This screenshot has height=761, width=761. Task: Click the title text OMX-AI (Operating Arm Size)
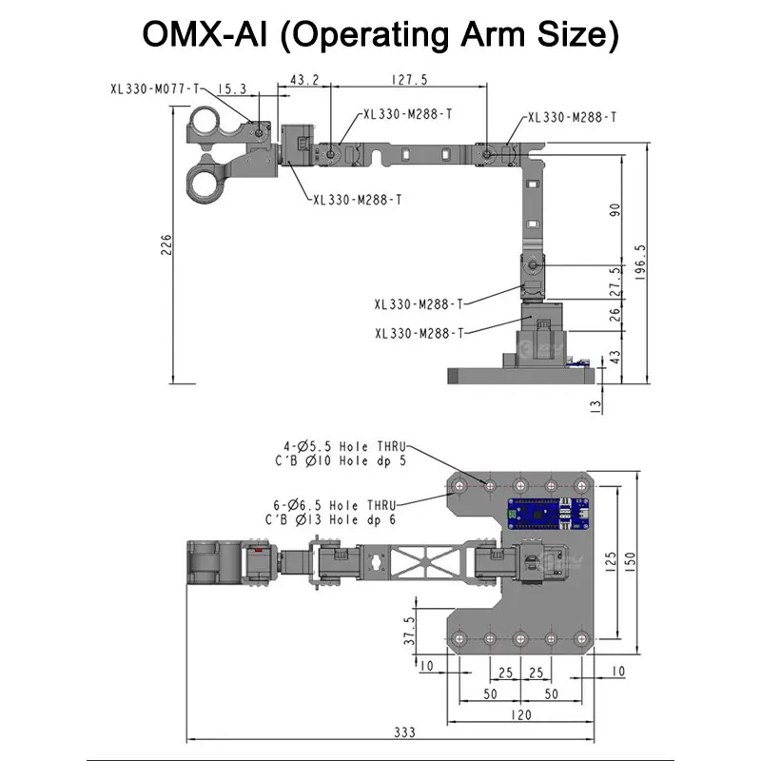(x=380, y=35)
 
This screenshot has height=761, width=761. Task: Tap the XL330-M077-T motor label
(x=155, y=89)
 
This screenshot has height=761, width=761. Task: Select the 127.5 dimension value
(x=410, y=80)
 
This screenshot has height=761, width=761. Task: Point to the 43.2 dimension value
(x=304, y=80)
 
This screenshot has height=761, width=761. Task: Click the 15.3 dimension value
(x=232, y=89)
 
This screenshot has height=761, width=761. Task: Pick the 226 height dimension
(x=166, y=245)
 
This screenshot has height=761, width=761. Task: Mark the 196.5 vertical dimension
(x=640, y=263)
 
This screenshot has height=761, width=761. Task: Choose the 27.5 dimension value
(x=615, y=282)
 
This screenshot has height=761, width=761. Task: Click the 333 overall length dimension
(x=405, y=732)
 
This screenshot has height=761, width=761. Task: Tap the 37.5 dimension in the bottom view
(x=410, y=631)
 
